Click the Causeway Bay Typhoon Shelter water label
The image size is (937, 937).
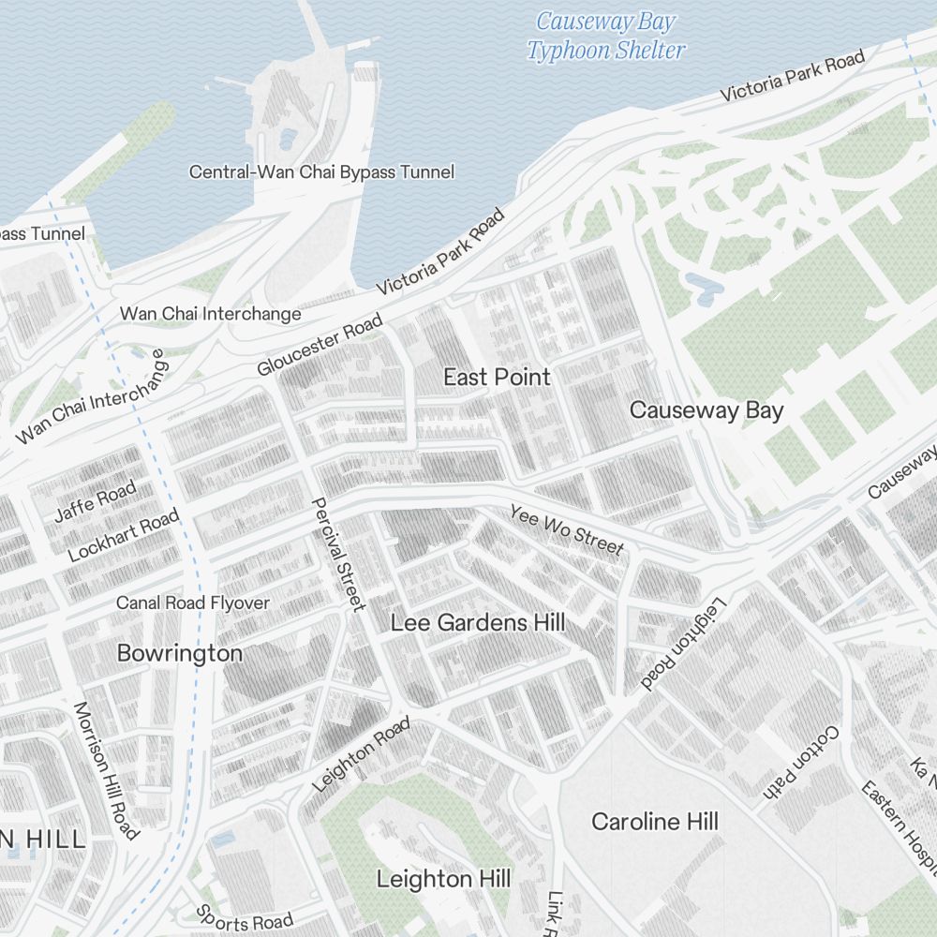[x=605, y=36]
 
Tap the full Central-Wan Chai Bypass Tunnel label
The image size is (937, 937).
[x=321, y=172]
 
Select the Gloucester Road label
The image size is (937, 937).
[x=320, y=346]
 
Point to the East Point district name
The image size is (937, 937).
[x=497, y=377]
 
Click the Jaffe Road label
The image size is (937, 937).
[x=95, y=501]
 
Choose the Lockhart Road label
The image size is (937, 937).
[x=123, y=537]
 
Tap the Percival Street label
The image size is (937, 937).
[x=337, y=554]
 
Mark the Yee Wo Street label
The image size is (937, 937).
[x=566, y=528]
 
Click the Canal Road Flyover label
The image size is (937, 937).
[x=192, y=602]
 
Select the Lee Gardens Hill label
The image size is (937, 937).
[x=477, y=622]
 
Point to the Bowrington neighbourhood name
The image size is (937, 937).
[x=179, y=653]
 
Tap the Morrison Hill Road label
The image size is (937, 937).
[x=106, y=770]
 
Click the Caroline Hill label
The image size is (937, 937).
[x=654, y=822]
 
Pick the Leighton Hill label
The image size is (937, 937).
[x=443, y=879]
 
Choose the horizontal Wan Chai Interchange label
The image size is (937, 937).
[x=210, y=314]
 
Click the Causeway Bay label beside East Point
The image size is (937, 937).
[x=706, y=410]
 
